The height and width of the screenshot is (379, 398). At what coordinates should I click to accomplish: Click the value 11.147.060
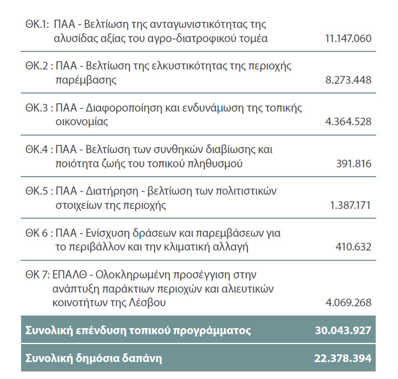(x=348, y=38)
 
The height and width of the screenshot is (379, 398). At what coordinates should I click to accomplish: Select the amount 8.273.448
(x=348, y=80)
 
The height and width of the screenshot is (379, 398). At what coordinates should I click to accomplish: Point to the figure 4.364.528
(x=348, y=121)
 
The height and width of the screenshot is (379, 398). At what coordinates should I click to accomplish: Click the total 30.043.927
(x=343, y=331)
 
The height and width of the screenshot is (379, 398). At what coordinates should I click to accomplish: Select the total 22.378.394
(x=343, y=359)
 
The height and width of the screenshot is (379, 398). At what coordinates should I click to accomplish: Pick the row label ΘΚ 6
(x=37, y=234)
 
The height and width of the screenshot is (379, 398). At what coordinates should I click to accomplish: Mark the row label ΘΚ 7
(x=37, y=275)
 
